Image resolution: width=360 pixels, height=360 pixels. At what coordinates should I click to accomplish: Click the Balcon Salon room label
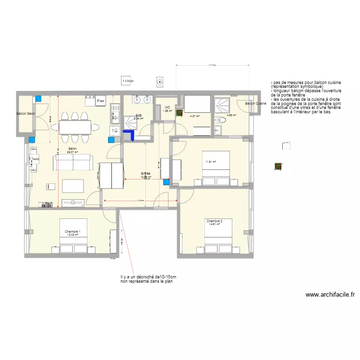(x=26, y=114)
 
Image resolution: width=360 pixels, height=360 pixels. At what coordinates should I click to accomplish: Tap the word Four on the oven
(x=101, y=102)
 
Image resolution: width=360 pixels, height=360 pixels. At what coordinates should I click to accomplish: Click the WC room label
(x=167, y=108)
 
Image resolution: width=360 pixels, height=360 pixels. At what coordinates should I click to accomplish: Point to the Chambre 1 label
(x=72, y=232)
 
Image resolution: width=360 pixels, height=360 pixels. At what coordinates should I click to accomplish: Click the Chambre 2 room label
(x=214, y=221)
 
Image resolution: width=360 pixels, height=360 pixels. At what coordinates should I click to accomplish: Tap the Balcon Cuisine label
(x=255, y=104)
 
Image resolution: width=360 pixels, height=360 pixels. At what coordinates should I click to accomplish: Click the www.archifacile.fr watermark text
(x=330, y=295)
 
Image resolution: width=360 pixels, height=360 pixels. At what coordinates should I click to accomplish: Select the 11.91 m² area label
(x=211, y=162)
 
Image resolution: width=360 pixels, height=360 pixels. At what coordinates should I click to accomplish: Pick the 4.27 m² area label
(x=194, y=116)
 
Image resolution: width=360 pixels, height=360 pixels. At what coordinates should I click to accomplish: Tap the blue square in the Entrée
(x=166, y=182)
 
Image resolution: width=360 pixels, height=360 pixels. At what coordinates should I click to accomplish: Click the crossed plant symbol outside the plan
(x=278, y=167)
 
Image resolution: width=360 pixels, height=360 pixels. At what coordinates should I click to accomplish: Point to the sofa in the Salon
(x=73, y=163)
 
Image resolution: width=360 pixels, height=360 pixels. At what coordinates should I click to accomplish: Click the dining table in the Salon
(x=75, y=127)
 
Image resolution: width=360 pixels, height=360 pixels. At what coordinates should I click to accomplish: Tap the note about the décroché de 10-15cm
(x=148, y=279)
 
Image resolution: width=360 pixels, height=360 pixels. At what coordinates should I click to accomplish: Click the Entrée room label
(x=145, y=173)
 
